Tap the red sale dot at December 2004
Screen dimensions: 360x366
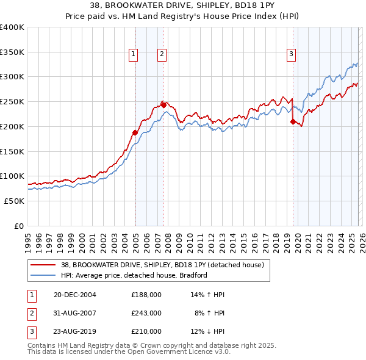[x=135, y=132]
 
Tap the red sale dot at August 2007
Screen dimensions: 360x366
[x=163, y=105]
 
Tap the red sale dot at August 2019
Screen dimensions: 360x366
[x=293, y=121]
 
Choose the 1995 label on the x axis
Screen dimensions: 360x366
[x=27, y=237]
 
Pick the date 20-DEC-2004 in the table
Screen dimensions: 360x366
[x=75, y=295]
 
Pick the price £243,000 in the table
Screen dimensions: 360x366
[x=146, y=313]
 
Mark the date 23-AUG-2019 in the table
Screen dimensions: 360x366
[x=76, y=332]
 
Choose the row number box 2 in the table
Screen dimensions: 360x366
[x=30, y=313]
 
